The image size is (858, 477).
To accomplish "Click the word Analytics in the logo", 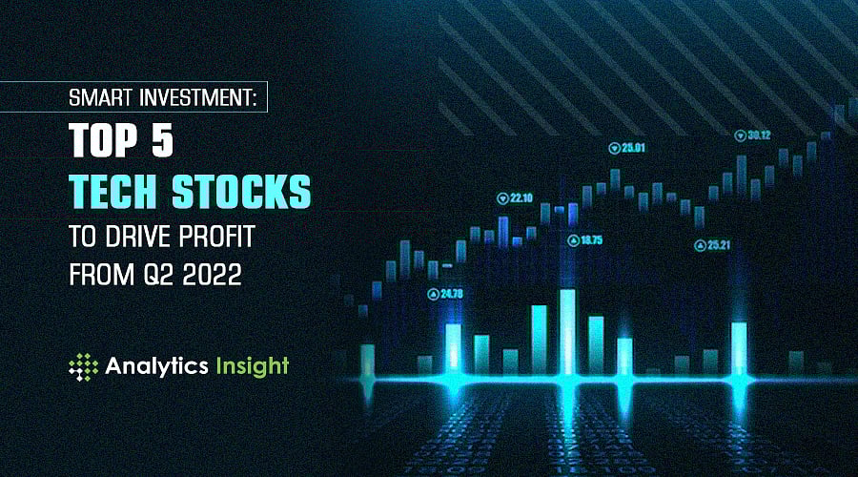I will click(x=156, y=366).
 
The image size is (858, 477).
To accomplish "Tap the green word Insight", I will click(x=251, y=366).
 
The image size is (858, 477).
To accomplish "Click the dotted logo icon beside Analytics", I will click(x=84, y=367).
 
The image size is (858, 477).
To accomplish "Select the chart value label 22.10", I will click(x=521, y=198).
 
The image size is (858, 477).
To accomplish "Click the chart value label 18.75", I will click(x=591, y=240).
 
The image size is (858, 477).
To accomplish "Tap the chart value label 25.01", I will click(x=634, y=148).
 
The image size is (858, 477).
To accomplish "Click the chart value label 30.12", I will click(x=758, y=135).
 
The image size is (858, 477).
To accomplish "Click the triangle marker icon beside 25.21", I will click(x=701, y=245).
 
